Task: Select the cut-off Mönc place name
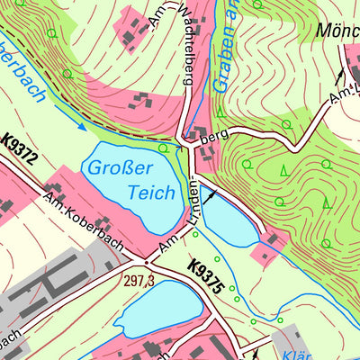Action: tap(337, 31)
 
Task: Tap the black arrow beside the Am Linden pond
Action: tap(210, 192)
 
